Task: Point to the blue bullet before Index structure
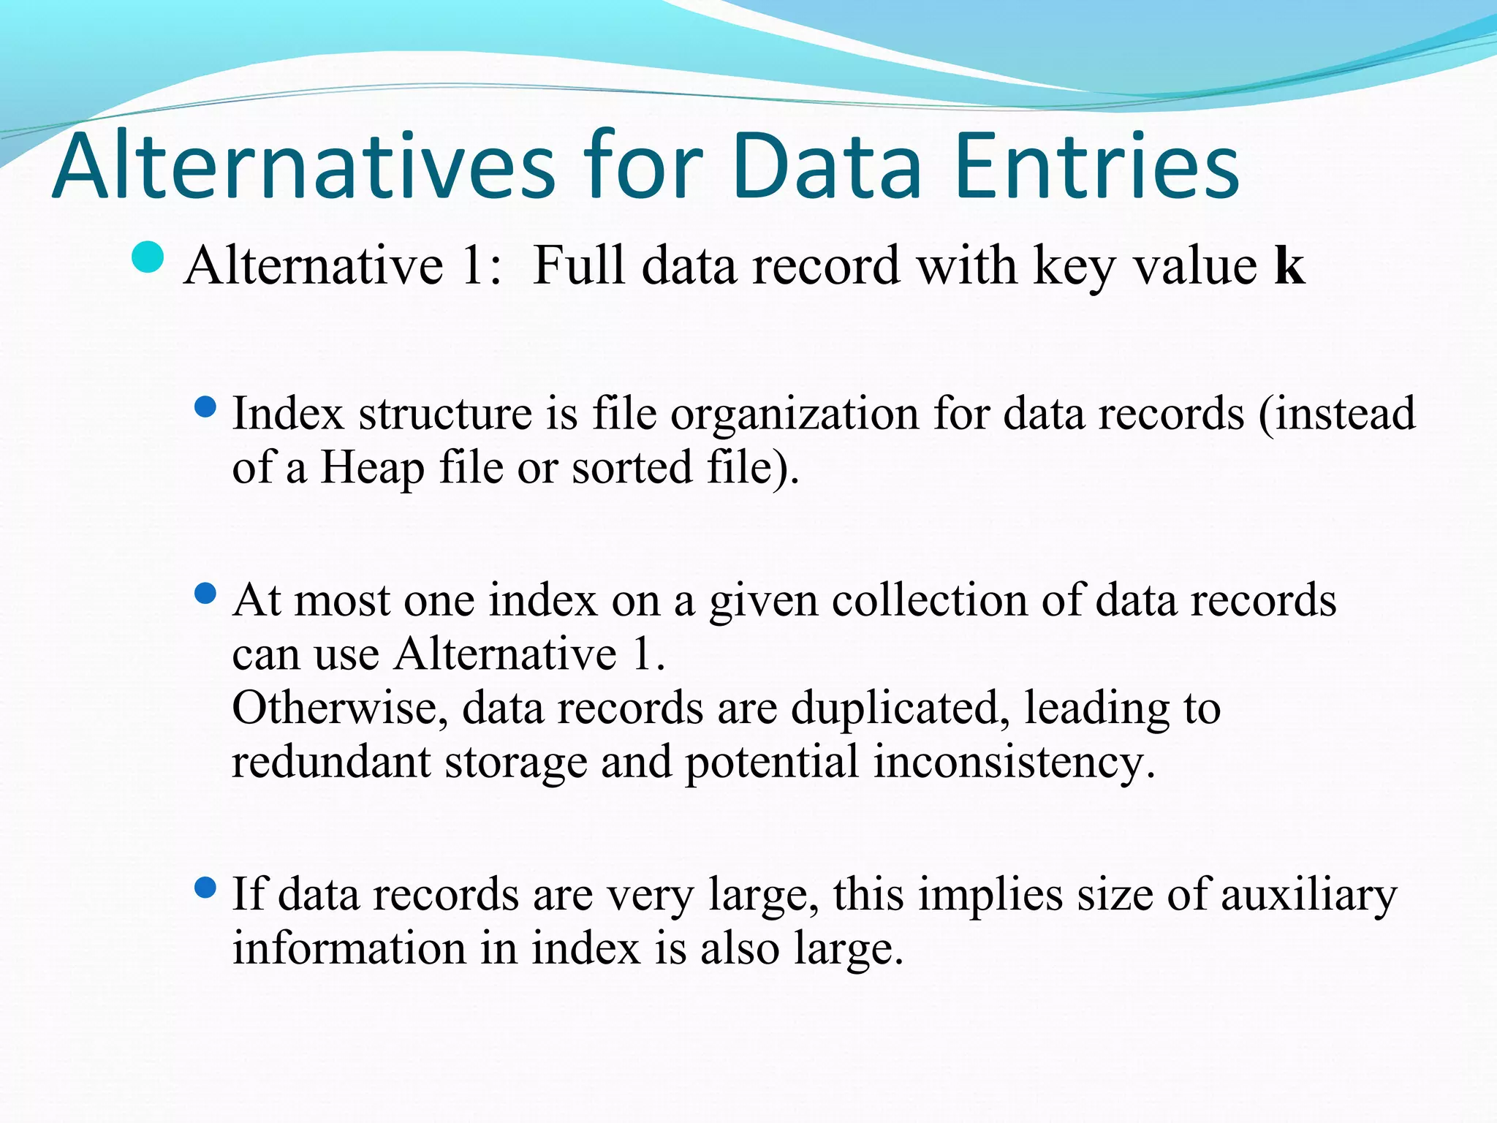pos(207,407)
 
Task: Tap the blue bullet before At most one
pos(207,593)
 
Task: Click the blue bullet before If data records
pos(207,888)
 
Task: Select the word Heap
pos(372,468)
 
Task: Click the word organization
pos(795,414)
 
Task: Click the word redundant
pos(330,762)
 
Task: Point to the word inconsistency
pos(1014,762)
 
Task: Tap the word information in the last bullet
pos(349,948)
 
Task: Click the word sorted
pos(632,468)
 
